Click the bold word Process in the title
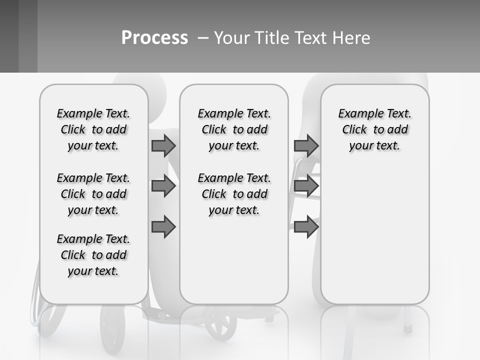154,38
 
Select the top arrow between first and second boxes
163,145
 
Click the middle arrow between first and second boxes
163,186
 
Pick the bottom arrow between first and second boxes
163,227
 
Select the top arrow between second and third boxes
306,145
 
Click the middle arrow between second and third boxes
306,186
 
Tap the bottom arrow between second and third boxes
306,227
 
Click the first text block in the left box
93,129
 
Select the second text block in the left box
93,194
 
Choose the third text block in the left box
93,255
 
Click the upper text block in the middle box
234,129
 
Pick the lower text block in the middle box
234,194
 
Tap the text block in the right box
374,129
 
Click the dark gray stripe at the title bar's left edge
9,36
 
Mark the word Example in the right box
356,114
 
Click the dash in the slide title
203,38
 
